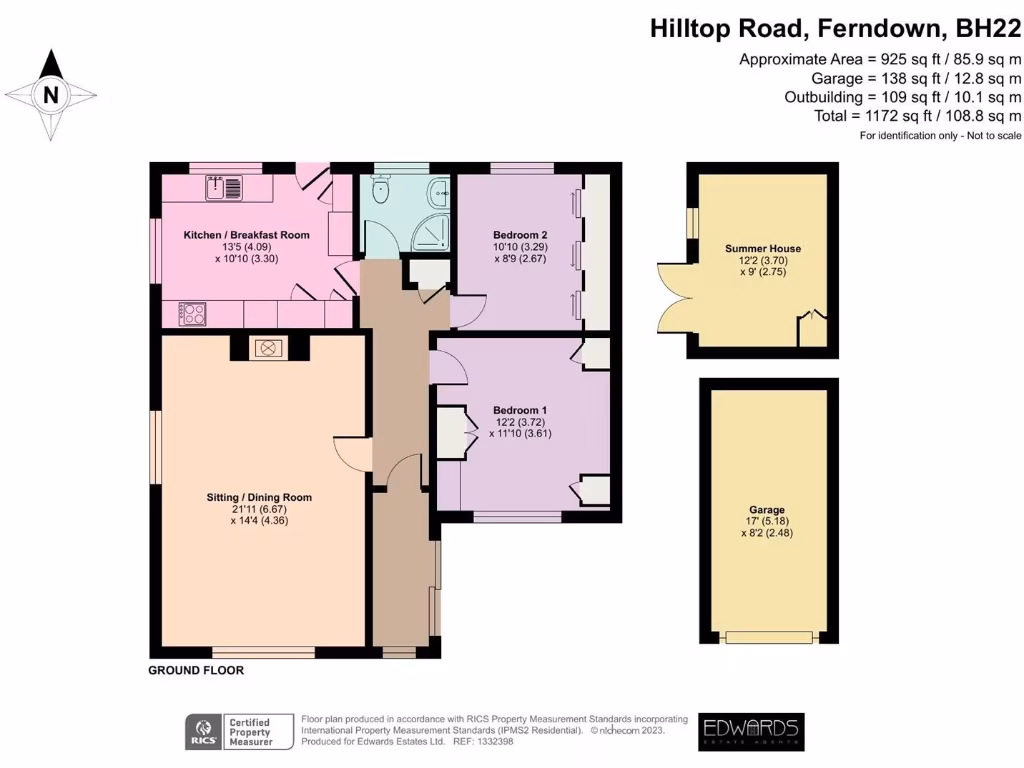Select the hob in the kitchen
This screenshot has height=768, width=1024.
(192, 313)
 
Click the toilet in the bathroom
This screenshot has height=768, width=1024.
(380, 189)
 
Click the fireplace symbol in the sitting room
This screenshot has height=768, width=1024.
(268, 348)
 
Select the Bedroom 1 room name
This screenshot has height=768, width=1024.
(520, 410)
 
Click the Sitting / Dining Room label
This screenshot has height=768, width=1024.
(259, 497)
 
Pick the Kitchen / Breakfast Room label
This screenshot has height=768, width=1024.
(246, 235)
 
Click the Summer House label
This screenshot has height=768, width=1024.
(762, 248)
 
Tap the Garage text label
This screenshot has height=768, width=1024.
(767, 509)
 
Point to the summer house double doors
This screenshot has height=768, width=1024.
(673, 299)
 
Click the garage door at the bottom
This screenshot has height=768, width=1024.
(768, 638)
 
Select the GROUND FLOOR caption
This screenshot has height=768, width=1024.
(196, 670)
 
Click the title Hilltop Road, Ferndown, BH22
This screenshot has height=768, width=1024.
(835, 28)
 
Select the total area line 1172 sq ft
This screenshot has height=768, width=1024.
(918, 116)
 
